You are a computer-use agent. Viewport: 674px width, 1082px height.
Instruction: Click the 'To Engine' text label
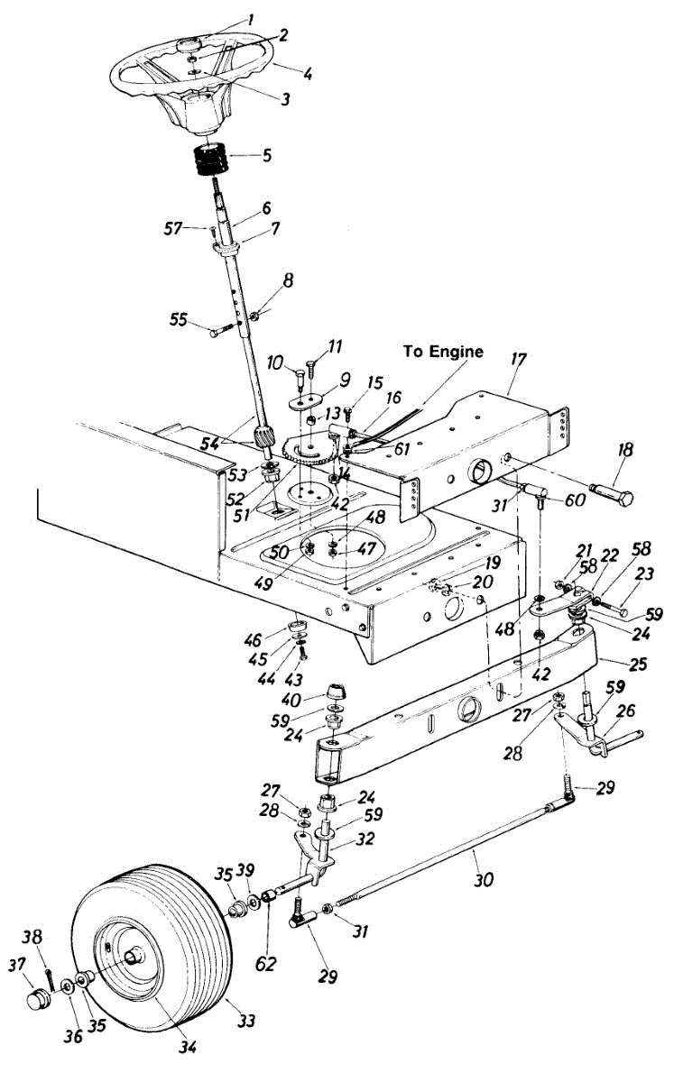(x=443, y=352)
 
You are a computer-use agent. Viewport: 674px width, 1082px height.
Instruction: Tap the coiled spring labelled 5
(x=210, y=160)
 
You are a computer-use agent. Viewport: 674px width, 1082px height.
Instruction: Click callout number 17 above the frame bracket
(x=518, y=361)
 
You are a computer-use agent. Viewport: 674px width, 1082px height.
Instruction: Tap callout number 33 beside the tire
(x=246, y=1021)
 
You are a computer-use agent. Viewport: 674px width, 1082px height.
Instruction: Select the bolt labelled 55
(x=222, y=329)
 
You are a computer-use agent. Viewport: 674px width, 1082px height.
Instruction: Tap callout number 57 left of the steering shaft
(x=172, y=229)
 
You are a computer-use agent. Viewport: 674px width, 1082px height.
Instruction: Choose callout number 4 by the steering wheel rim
(x=307, y=74)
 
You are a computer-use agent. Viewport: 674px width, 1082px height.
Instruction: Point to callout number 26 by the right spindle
(x=625, y=711)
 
